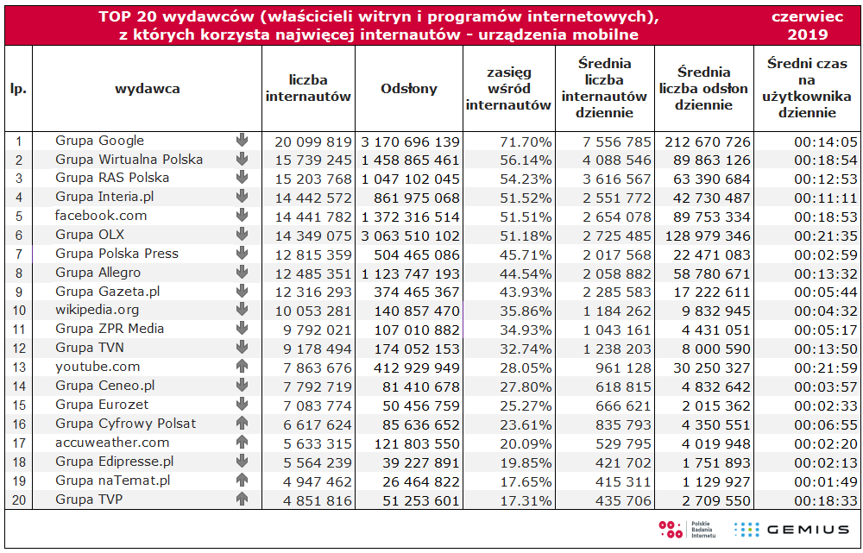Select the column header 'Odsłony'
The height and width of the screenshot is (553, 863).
[x=408, y=88]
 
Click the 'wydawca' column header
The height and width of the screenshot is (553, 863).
[x=147, y=88]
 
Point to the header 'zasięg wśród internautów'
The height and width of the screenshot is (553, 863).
[x=508, y=89]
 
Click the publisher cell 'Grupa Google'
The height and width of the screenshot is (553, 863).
[x=99, y=141]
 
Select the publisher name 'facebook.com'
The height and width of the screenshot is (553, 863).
[x=101, y=216]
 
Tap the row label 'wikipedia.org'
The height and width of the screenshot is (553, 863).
[x=97, y=310]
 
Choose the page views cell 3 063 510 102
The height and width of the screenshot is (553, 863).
[x=410, y=235]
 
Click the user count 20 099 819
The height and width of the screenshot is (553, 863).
[x=313, y=141]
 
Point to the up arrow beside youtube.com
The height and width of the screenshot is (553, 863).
[x=242, y=367]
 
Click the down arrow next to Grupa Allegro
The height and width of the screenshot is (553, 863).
[x=242, y=273]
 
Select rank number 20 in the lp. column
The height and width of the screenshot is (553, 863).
[x=18, y=500]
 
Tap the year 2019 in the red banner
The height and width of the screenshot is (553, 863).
[x=808, y=35]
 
